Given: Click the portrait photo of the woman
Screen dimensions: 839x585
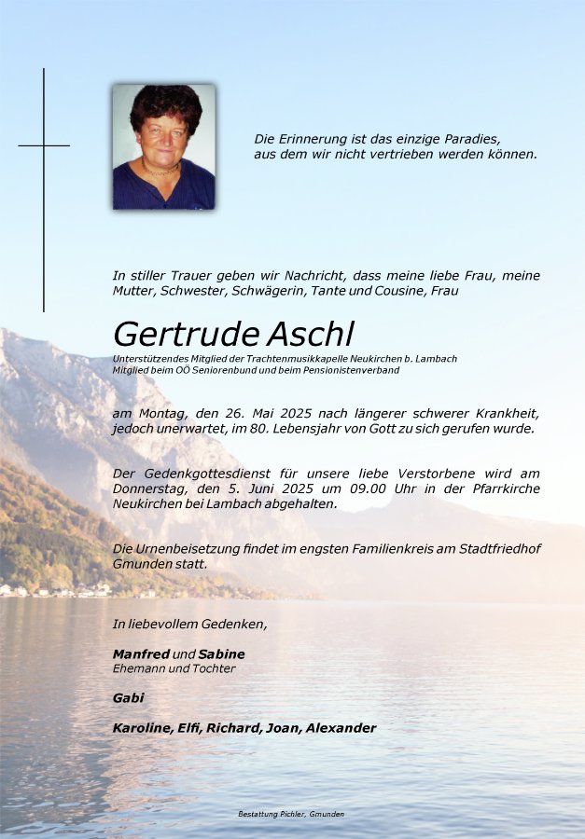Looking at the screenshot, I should pyautogui.click(x=163, y=146).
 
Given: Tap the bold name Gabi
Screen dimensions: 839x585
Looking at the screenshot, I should pyautogui.click(x=129, y=697).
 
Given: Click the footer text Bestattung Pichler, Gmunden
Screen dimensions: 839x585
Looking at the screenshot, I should pyautogui.click(x=291, y=814).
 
